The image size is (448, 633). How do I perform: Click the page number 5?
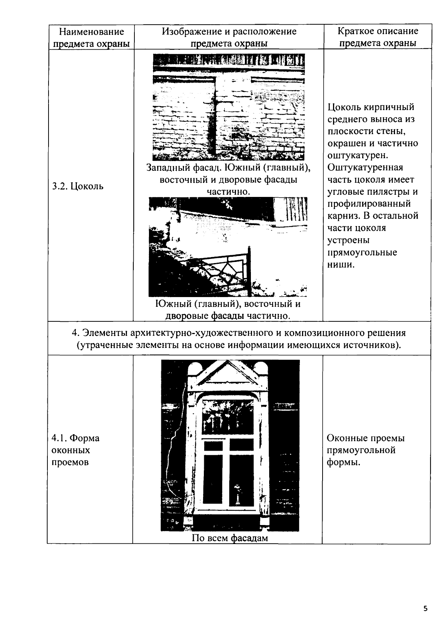pyautogui.click(x=425, y=608)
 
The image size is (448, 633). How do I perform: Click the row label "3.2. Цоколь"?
pyautogui.click(x=78, y=186)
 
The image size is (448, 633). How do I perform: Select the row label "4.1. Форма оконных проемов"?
pyautogui.click(x=76, y=450)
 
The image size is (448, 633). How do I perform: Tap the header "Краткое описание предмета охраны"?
pyautogui.click(x=377, y=37)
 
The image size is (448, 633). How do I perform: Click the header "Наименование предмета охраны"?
pyautogui.click(x=91, y=37)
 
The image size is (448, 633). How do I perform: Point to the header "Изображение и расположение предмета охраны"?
pyautogui.click(x=229, y=37)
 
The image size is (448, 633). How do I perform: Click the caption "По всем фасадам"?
pyautogui.click(x=230, y=538)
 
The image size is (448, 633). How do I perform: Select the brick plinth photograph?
pyautogui.click(x=228, y=107)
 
